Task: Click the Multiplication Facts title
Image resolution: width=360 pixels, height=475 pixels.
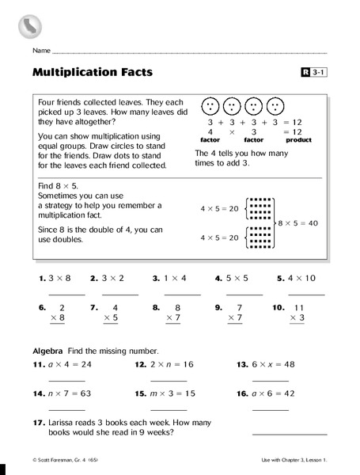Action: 93,73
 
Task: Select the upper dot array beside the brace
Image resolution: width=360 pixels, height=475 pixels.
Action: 261,208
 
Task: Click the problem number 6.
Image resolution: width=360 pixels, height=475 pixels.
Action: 42,306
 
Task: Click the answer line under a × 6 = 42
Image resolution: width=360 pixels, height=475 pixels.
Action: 270,408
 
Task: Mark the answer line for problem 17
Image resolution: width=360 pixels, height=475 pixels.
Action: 288,433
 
